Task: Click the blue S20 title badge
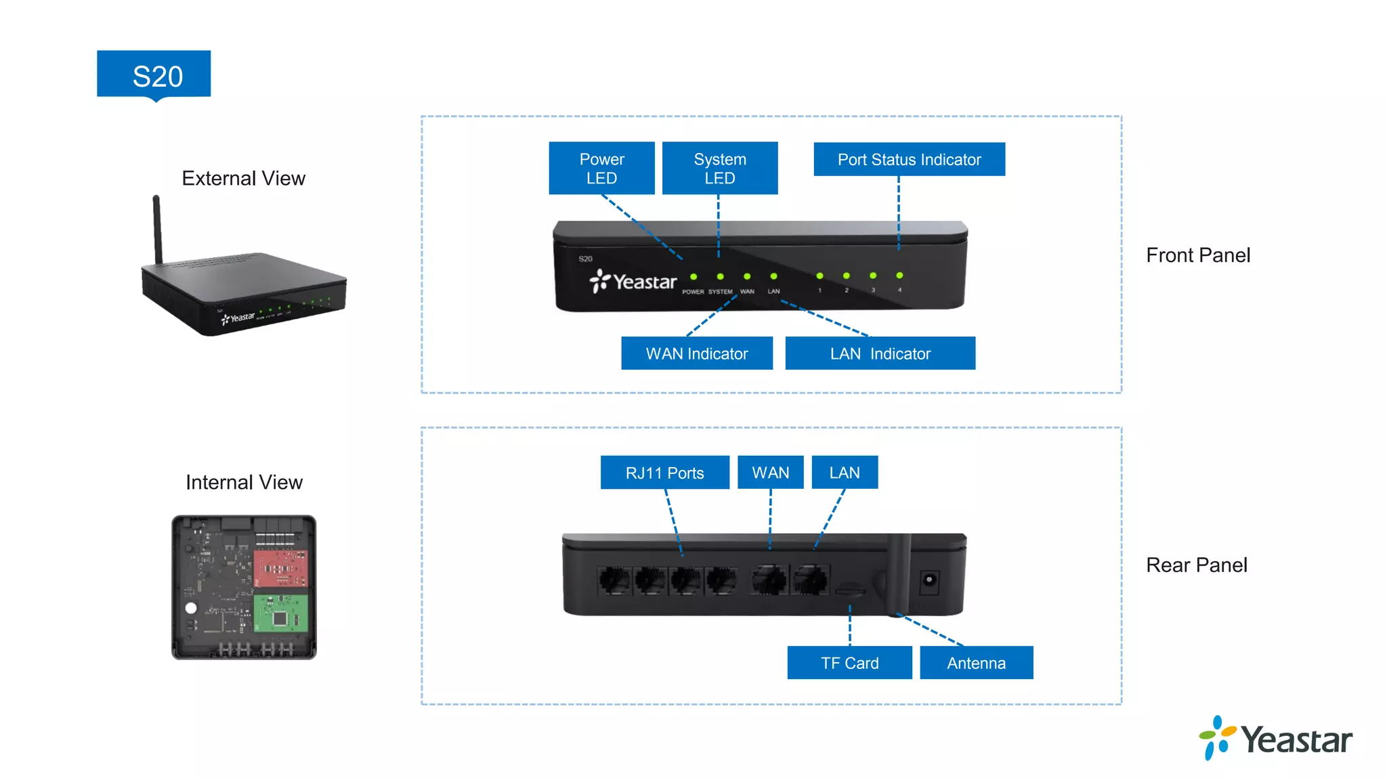pos(154,74)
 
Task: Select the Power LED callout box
pos(601,168)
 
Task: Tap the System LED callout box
pos(719,168)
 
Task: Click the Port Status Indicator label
pos(909,159)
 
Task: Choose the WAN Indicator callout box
pos(696,353)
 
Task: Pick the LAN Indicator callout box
pos(880,353)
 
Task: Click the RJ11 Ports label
pos(664,472)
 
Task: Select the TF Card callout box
pos(849,662)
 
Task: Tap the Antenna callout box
pos(976,662)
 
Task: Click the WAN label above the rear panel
pos(770,472)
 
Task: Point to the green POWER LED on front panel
pos(693,276)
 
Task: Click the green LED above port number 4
pos(899,276)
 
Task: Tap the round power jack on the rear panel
pos(929,580)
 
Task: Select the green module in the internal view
pos(280,613)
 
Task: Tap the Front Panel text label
pos(1197,255)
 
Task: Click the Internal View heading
pos(244,482)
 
